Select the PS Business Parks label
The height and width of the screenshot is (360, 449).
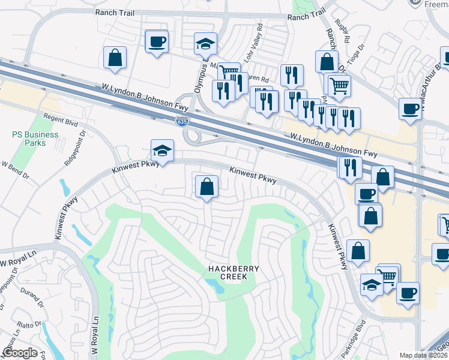click(x=35, y=139)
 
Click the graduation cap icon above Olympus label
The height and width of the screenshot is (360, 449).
click(x=205, y=43)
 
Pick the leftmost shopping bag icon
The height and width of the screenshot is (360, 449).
click(x=115, y=58)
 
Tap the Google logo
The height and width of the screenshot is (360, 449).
click(x=20, y=353)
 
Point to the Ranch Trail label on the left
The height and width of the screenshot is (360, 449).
click(x=113, y=12)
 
